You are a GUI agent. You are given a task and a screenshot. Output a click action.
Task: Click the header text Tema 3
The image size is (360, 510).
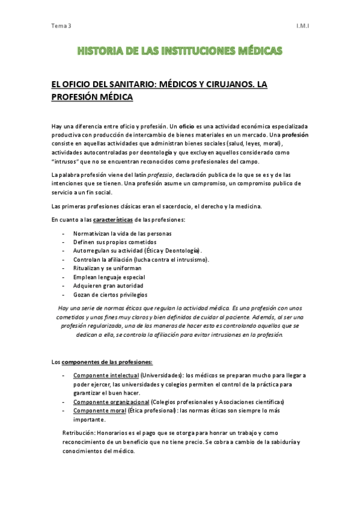tap(61, 25)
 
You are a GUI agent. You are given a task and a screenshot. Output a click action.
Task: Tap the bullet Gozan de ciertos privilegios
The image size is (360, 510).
tap(110, 295)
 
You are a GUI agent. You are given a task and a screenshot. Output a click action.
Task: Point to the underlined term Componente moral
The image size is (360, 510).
tap(100, 410)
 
